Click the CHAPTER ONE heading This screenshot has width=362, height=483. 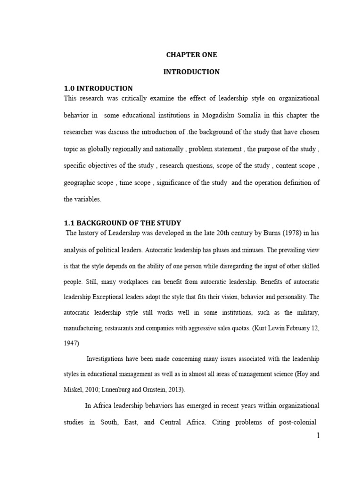pos(191,55)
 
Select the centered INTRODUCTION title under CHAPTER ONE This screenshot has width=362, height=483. pos(191,72)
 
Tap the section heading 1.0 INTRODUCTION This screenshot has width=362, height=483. pos(98,88)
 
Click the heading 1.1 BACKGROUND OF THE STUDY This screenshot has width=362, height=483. pos(122,223)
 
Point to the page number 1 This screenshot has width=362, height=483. pos(318,435)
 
